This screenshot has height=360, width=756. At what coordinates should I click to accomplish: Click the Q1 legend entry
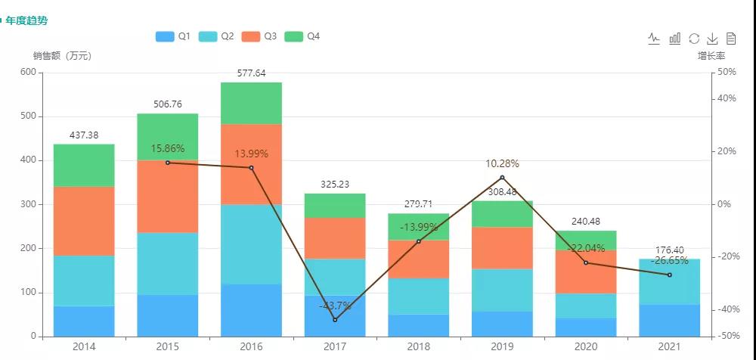(172, 36)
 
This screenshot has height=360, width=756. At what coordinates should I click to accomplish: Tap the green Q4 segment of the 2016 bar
(251, 103)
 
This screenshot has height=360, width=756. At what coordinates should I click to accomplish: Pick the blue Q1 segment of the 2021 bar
(669, 320)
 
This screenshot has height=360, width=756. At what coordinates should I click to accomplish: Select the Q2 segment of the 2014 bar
(84, 281)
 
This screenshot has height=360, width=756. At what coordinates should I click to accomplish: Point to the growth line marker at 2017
(335, 320)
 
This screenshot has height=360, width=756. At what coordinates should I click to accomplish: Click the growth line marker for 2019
(502, 178)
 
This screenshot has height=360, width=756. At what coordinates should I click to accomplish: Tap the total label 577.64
(251, 73)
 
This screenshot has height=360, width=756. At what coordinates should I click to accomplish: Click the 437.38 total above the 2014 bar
(84, 135)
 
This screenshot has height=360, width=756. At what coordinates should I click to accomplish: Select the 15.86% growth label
(167, 148)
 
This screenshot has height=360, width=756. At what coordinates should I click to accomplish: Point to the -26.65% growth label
(669, 260)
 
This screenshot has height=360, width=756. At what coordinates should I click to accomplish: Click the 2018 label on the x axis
(418, 346)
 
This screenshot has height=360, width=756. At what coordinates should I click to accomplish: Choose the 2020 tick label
(585, 346)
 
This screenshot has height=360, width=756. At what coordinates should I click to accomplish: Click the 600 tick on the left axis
(28, 72)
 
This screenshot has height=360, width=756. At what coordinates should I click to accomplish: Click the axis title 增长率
(711, 55)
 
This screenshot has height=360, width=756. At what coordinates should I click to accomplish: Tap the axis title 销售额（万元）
(62, 55)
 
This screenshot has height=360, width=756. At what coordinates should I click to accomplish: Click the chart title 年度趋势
(26, 20)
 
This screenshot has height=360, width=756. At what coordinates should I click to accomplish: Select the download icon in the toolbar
(712, 39)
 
